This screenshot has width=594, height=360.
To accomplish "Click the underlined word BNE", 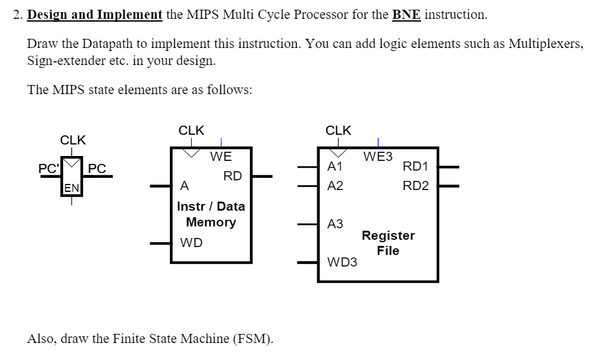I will pos(406,15).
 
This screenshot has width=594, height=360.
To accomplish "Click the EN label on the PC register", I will pos(71,188).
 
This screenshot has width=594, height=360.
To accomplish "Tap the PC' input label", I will pos(49,168).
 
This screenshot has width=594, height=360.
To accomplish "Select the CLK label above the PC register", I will pos(73,140).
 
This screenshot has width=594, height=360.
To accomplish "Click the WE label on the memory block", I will pos(221,157).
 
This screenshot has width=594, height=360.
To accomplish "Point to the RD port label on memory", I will pos(232,176).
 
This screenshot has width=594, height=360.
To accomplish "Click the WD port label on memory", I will pos(191,243).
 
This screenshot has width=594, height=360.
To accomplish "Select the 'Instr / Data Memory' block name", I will pos(211,214).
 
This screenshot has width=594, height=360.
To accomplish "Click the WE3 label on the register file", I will pos(378,157).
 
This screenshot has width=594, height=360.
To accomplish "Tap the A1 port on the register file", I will pos(335,166).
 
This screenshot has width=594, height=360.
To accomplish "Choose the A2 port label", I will pos(335,186).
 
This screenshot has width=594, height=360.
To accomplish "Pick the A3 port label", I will pos(335,224).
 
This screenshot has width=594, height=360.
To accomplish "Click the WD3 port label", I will pos(342,262).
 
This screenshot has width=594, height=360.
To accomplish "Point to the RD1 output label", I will pos(416,166).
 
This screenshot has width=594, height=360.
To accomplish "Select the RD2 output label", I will pos(416,186).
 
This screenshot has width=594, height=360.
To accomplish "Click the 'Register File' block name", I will pos(388,243).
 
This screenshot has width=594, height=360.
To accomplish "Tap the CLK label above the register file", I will pos(338,130).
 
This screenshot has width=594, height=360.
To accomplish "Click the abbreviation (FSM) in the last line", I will pos(253,339).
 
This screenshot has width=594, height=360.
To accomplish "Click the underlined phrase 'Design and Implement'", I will pos(95,15).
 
